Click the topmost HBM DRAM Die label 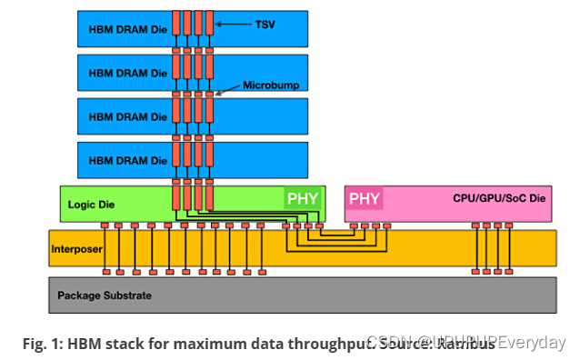coord(127,28)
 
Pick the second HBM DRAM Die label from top coord(127,73)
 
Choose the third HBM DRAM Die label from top coord(127,116)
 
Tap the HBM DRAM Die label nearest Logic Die coord(127,160)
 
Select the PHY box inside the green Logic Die coord(303,198)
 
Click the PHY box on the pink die coord(365,198)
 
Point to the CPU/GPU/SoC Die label coord(497,197)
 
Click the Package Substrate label coord(103,295)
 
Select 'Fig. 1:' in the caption coord(42,344)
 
